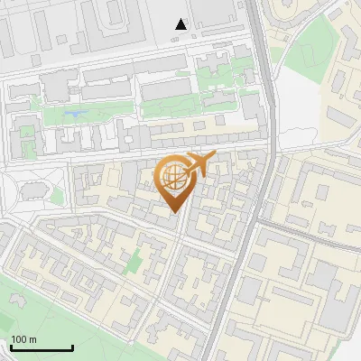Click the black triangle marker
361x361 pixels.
[x=181, y=24]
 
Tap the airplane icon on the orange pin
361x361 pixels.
[x=199, y=165]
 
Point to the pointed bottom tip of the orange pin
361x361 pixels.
[x=174, y=212]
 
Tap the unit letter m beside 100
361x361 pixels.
[x=32, y=339]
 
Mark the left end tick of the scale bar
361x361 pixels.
[x=11, y=347]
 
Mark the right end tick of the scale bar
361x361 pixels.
[x=72, y=347]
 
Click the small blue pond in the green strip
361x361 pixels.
[x=71, y=114]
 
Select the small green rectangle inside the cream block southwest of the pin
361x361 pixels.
[x=134, y=264]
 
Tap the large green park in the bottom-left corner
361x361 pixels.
[x=36, y=307]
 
